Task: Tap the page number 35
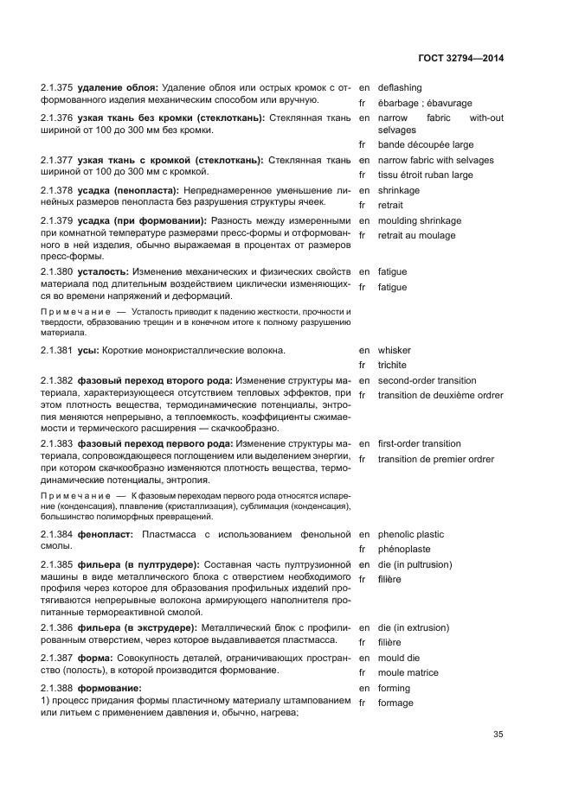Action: pos(498,735)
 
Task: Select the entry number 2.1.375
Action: pos(57,88)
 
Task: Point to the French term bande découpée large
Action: pos(425,145)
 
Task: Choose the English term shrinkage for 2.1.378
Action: pos(398,190)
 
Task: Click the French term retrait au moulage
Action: pos(416,235)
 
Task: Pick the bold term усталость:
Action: pos(103,272)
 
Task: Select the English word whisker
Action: pos(394,351)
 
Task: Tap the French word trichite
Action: pos(392,366)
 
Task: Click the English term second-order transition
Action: pos(427,381)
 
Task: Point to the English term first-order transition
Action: pos(419,444)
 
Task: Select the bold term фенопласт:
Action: pos(105,535)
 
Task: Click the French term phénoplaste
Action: pos(403,550)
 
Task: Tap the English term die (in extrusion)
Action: pos(413,628)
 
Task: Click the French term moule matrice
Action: pos(408,673)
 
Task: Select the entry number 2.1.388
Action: pos(57,689)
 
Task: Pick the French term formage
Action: pos(395,703)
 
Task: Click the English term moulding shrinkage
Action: pos(419,220)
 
